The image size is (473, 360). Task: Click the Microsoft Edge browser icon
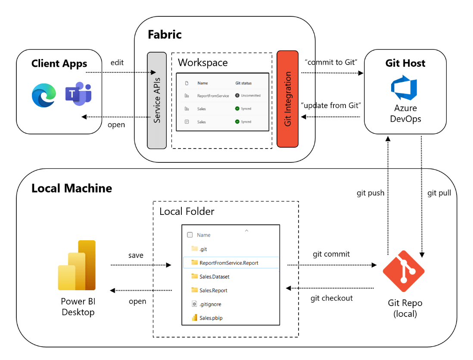click(x=44, y=95)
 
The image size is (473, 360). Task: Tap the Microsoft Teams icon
click(x=78, y=95)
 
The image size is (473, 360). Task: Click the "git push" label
click(x=370, y=193)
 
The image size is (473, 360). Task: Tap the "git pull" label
click(x=439, y=193)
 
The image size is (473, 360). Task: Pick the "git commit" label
click(x=331, y=254)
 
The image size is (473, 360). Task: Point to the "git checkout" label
click(x=332, y=298)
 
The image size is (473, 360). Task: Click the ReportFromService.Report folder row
click(x=229, y=263)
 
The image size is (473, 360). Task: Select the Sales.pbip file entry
click(x=211, y=318)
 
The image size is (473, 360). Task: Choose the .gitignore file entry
click(x=210, y=304)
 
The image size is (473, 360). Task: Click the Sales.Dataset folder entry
click(x=214, y=276)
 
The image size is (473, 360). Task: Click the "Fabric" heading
click(x=165, y=35)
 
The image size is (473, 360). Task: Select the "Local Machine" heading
click(x=72, y=188)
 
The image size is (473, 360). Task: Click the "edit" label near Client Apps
click(x=117, y=63)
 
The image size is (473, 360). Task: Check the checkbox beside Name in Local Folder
click(x=190, y=235)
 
